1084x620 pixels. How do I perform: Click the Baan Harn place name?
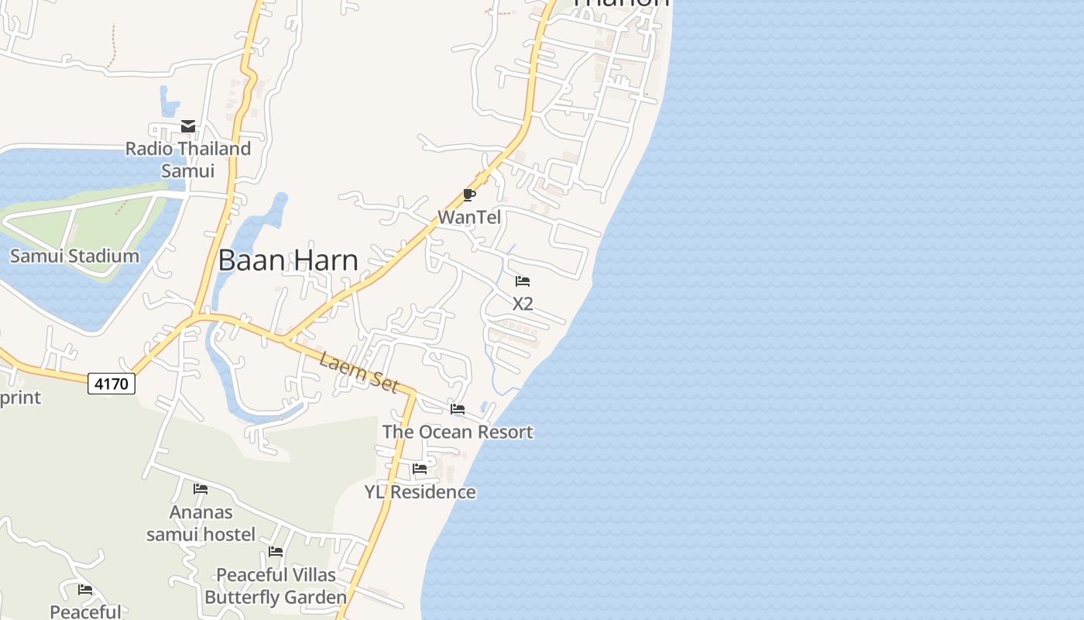click(x=288, y=260)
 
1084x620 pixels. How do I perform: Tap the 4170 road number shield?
click(x=111, y=383)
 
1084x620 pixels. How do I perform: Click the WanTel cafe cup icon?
click(x=468, y=195)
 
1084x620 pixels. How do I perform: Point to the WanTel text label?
click(x=469, y=218)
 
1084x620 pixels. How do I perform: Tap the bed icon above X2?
click(x=523, y=281)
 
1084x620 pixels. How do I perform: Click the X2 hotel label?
click(x=523, y=304)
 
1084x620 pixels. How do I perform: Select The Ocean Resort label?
click(x=458, y=432)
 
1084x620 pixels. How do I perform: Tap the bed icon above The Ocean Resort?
click(x=458, y=408)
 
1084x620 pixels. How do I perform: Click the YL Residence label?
click(x=420, y=492)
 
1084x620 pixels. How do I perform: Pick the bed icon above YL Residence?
click(x=420, y=468)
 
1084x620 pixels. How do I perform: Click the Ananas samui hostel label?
click(x=201, y=523)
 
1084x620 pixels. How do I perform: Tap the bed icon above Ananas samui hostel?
click(x=201, y=489)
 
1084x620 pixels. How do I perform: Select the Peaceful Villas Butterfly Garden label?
click(x=276, y=586)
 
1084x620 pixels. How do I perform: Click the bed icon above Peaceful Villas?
click(x=276, y=552)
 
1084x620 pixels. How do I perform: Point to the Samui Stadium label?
click(x=74, y=256)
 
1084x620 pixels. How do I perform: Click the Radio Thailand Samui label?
click(x=188, y=159)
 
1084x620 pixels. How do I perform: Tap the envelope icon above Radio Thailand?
click(x=188, y=126)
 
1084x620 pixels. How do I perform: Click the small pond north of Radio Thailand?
click(x=168, y=102)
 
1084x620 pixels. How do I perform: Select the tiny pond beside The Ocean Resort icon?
click(x=485, y=406)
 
